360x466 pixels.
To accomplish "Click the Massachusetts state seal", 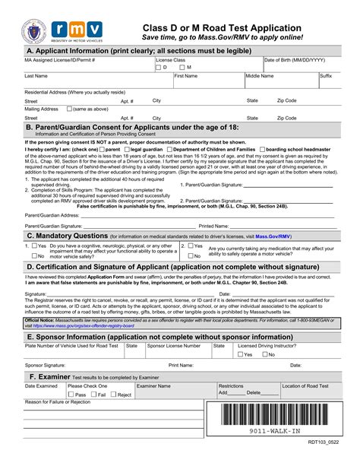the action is coord(33,30).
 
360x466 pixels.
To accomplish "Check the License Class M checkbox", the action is coord(183,68).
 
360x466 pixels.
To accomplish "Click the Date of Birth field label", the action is coord(295,59).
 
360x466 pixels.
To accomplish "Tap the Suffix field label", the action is coord(325,76).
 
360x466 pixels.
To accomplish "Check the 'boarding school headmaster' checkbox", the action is coord(263,150).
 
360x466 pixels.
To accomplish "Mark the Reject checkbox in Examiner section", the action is coord(113,395).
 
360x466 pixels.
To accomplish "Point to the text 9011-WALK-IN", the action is coord(275,432).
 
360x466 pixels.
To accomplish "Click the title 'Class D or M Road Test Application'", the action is coord(222,27).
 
